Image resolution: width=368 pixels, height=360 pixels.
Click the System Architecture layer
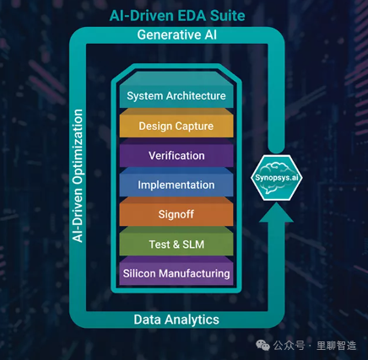(x=176, y=90)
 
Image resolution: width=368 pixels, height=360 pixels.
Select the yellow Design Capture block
(x=176, y=124)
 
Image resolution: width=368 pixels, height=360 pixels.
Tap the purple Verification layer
(x=176, y=153)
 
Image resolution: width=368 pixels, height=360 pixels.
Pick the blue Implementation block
(x=176, y=183)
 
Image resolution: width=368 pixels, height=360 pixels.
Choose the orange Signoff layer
(x=176, y=212)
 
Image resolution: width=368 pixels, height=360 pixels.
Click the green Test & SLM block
(x=176, y=242)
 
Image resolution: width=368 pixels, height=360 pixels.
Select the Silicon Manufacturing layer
(x=176, y=271)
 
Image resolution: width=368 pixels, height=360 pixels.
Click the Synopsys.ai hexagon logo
(x=277, y=178)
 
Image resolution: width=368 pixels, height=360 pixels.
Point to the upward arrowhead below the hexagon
(x=276, y=213)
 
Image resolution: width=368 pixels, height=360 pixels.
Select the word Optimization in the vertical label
(x=78, y=147)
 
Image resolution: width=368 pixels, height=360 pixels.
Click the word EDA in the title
(x=192, y=16)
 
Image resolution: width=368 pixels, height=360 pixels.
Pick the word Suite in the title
(x=228, y=16)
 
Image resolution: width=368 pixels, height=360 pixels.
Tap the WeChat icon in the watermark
(x=262, y=345)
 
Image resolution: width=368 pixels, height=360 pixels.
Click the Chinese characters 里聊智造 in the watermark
(x=337, y=346)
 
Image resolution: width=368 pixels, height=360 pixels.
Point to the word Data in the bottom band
(x=148, y=320)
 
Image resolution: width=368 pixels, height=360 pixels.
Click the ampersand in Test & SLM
(x=176, y=244)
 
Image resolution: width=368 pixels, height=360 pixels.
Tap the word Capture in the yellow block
(x=194, y=126)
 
